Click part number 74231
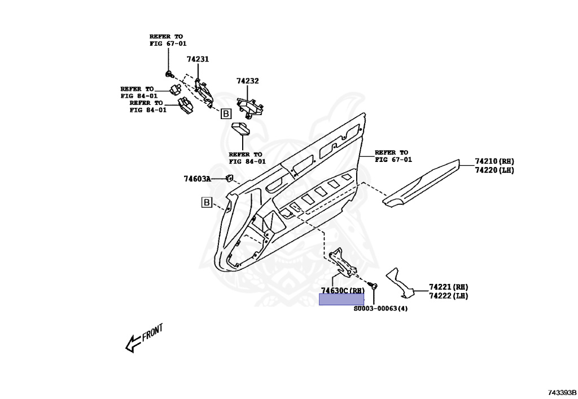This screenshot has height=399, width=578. coord(198,59)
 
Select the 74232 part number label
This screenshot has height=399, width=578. coord(247,81)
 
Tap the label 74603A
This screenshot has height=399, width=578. coord(196,179)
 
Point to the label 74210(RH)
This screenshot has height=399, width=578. coord(494,161)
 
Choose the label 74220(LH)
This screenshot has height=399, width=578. coord(494,170)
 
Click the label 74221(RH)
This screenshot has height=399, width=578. coord(448,287)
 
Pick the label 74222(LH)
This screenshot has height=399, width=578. coord(448,296)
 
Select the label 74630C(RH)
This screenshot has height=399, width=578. coord(343,290)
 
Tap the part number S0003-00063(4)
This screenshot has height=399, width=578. coord(380,309)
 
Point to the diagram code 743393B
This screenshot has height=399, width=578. coord(561,392)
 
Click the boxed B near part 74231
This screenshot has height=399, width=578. coord(225,114)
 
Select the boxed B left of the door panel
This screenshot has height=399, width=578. coord(207,202)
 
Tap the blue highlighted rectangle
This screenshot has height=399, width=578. coord(341,300)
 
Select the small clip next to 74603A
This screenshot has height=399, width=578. coord(230,179)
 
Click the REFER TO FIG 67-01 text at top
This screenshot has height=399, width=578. coord(168,40)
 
